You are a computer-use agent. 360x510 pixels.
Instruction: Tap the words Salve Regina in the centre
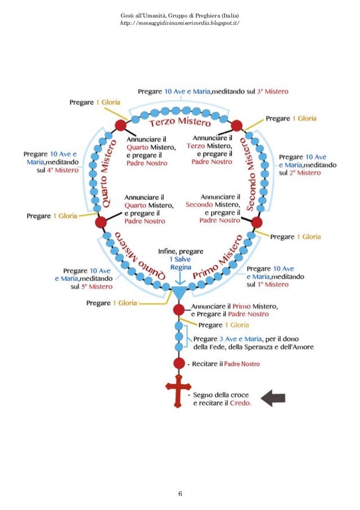tap(181, 263)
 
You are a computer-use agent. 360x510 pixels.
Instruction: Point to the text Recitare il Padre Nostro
tap(226, 364)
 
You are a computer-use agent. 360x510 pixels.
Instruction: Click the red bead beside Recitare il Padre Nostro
tap(179, 363)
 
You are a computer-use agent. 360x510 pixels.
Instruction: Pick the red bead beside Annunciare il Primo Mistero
tap(179, 309)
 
